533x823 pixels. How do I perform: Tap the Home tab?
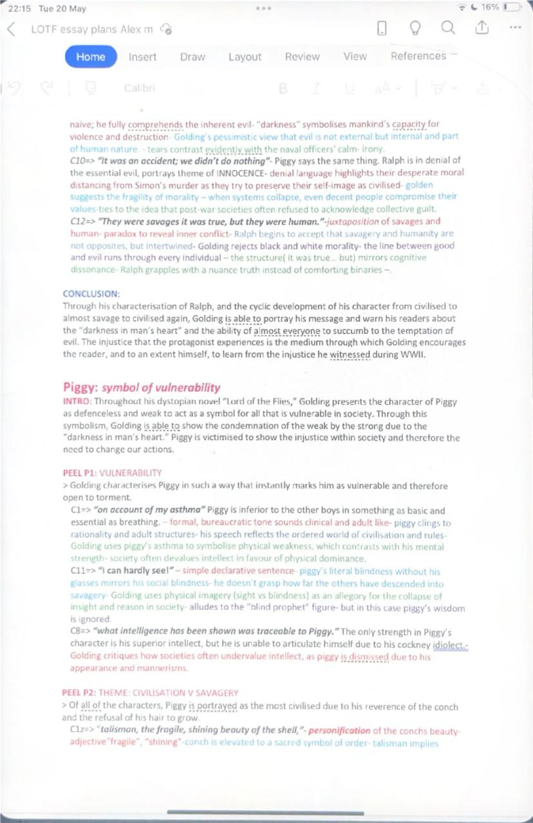click(91, 57)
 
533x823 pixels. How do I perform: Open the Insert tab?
click(142, 57)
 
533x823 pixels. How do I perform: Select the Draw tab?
click(192, 57)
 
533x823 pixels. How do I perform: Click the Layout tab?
click(245, 57)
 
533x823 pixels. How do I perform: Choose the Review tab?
click(302, 57)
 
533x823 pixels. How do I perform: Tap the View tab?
click(355, 57)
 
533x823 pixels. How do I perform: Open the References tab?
click(418, 56)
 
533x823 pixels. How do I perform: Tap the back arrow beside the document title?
click(12, 29)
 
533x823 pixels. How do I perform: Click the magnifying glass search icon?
click(448, 28)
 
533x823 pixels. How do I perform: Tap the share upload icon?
click(482, 28)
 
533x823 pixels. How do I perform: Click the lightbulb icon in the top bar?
click(415, 28)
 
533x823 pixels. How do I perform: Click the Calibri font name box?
click(139, 88)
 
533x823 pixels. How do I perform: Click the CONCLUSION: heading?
click(91, 293)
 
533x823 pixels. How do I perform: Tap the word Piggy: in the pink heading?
click(80, 387)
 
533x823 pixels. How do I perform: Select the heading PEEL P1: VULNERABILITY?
click(112, 472)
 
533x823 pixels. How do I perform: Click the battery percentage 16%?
click(490, 7)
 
